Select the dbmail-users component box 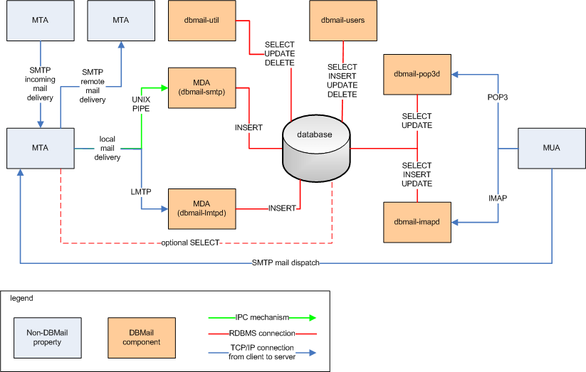[x=343, y=21]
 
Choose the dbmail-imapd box [x=417, y=223]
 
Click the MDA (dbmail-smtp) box [x=201, y=88]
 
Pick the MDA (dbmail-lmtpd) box [x=201, y=209]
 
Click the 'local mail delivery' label [x=109, y=148]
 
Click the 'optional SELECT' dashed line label [x=192, y=243]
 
